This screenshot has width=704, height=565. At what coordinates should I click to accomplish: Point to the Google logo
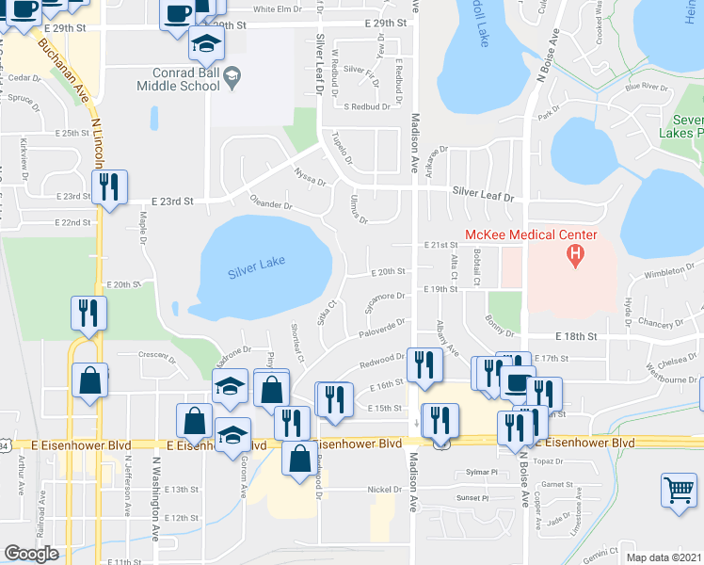31,554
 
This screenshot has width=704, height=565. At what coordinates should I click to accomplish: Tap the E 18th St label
577,336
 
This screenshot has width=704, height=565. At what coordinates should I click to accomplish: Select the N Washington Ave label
155,485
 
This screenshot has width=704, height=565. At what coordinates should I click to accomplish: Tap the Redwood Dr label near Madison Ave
381,363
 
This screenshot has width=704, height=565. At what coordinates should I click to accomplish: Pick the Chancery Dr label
659,324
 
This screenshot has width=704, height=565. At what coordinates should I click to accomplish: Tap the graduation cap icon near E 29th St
206,43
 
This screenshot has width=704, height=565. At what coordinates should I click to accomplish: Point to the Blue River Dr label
646,88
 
